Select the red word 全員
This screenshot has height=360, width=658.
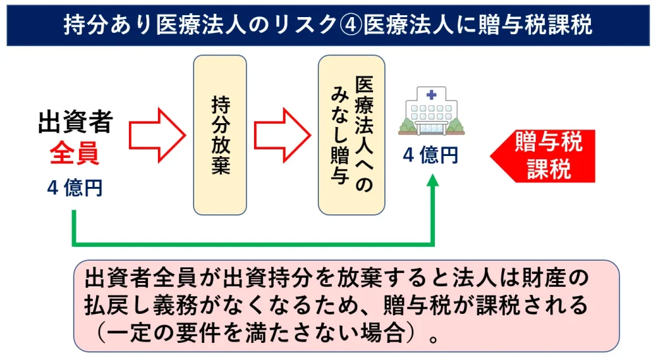(75, 155)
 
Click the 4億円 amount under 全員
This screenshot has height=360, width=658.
(75, 188)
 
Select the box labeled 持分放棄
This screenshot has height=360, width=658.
(220, 135)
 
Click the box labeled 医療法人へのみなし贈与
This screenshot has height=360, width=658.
(351, 135)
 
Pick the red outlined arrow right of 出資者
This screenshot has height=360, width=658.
(156, 135)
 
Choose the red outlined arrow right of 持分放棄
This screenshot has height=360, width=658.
(281, 135)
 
